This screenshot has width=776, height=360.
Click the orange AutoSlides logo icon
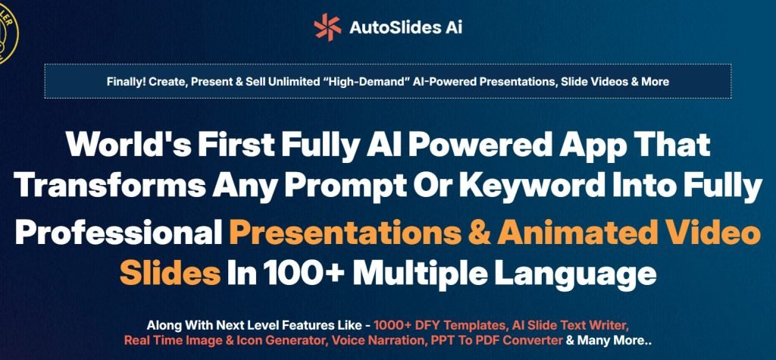[x=327, y=27]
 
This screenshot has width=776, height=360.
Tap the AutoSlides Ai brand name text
[x=405, y=27]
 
